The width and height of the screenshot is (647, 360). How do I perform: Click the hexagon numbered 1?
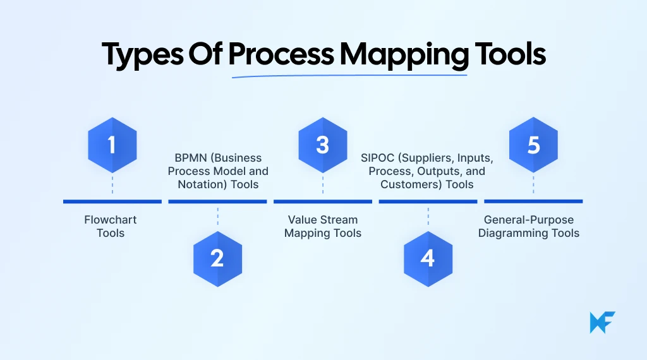112,145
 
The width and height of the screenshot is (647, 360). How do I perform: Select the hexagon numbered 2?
217,258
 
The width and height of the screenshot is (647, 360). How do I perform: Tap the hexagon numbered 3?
323,145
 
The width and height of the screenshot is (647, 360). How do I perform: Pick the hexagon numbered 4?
428,258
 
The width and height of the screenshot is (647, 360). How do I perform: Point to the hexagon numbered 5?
533,145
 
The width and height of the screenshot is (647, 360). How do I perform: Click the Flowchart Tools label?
111,226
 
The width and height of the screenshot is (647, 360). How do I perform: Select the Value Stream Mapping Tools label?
323,226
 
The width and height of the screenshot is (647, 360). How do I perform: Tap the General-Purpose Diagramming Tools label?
529,226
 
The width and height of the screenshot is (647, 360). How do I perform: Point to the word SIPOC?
377,158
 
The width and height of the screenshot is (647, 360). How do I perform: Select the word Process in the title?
281,56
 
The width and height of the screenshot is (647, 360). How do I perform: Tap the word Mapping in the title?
404,56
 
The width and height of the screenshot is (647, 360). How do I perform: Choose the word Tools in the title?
510,56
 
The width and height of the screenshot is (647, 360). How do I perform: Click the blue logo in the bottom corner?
602,322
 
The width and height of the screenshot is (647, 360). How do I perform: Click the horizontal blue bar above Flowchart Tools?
112,201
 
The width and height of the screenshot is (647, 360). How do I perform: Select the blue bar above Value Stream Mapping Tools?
323,201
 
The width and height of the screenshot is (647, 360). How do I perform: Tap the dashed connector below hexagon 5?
533,184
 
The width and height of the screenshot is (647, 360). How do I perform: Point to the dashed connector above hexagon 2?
217,216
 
